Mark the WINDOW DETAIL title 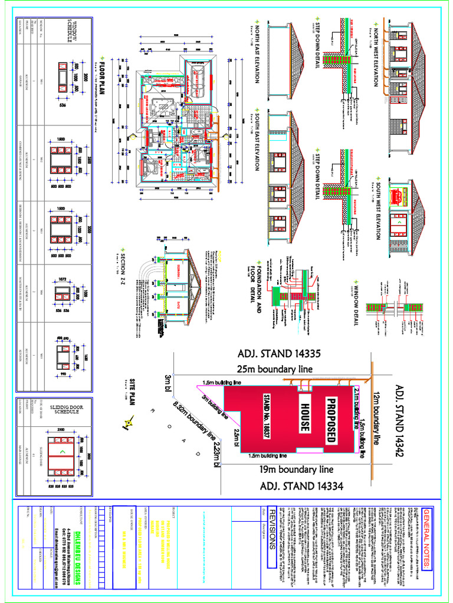pos(356,306)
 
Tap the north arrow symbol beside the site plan pos(129,420)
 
